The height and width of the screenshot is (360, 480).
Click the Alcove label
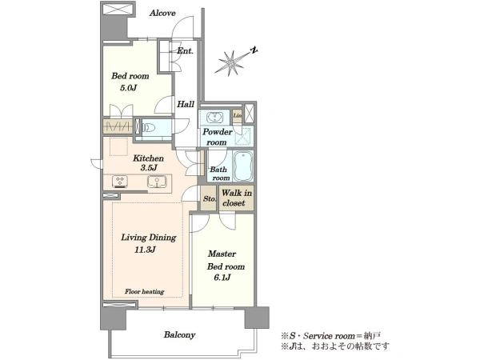[162, 13]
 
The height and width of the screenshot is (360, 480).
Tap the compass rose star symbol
[230, 62]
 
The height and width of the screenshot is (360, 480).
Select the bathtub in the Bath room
[243, 166]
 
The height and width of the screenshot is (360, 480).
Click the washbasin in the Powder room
[215, 118]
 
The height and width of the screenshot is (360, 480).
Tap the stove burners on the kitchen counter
[120, 181]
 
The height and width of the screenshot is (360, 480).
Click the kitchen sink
[157, 182]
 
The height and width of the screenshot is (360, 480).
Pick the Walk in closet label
[236, 198]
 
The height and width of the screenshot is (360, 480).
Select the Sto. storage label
[210, 198]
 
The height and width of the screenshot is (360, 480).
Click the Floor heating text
[145, 291]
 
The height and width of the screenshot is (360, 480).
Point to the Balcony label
[179, 335]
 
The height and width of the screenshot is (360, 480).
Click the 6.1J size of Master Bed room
[222, 278]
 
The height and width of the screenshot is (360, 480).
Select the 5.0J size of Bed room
[128, 89]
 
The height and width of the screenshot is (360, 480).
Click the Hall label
[186, 104]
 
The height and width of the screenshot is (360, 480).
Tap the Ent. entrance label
[186, 51]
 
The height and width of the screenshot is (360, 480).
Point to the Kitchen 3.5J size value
[149, 168]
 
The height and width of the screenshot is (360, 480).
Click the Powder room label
[217, 137]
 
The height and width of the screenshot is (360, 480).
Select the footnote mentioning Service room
[331, 336]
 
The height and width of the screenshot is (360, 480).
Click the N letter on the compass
[254, 50]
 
